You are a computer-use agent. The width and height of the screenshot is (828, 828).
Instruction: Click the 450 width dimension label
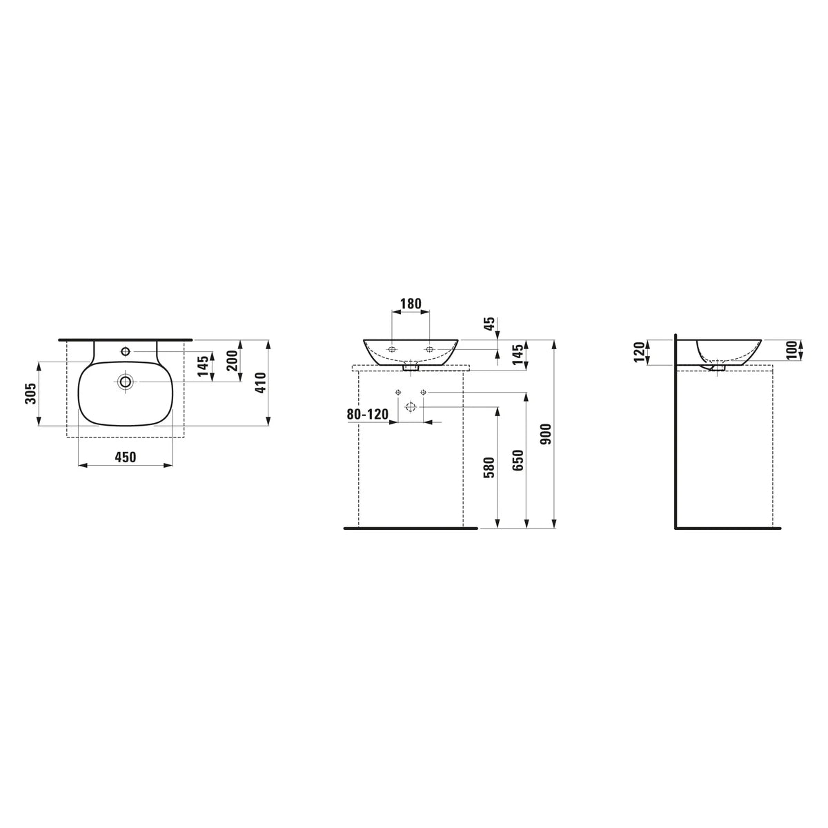pos(125,457)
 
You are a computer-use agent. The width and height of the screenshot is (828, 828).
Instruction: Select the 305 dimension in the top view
pos(30,393)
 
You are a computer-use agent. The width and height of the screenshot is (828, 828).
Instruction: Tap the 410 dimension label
pos(261,382)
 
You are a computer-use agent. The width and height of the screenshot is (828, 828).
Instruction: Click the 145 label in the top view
pos(204,365)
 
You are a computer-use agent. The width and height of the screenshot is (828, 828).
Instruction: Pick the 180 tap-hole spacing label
pos(411,304)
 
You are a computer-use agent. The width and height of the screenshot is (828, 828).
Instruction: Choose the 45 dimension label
pos(490,324)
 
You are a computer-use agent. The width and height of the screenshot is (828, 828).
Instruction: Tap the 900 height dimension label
pos(546,434)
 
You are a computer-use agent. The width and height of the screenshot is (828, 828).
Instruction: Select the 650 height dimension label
pos(519,460)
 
